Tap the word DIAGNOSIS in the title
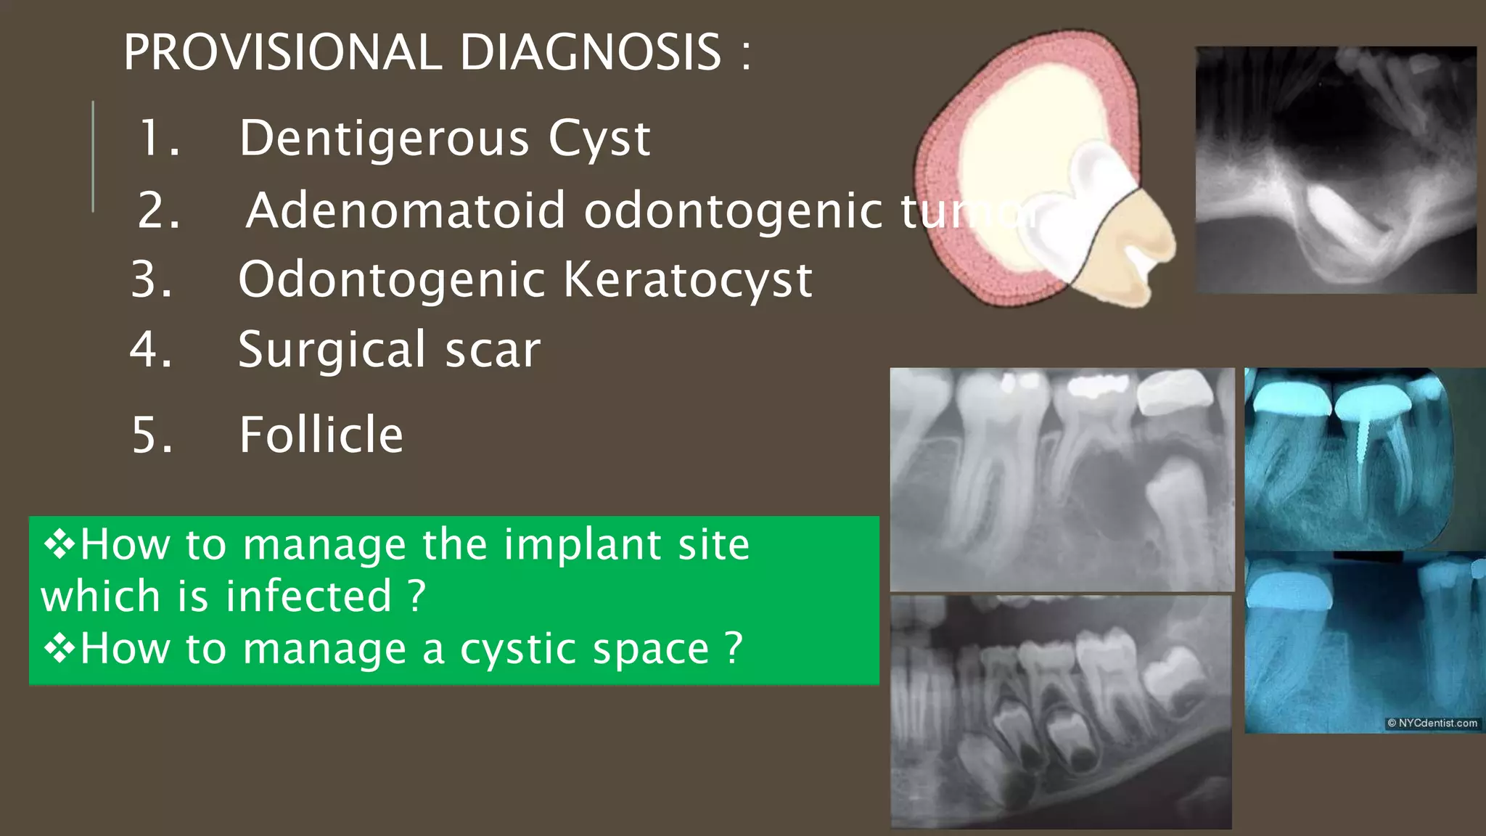[591, 52]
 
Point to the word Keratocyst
[688, 279]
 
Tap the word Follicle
[321, 435]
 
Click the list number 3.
[152, 279]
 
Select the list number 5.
[152, 435]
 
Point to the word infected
[308, 597]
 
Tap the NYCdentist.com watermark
[1432, 723]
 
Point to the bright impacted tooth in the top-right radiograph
[1342, 221]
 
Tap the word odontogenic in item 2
[733, 210]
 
